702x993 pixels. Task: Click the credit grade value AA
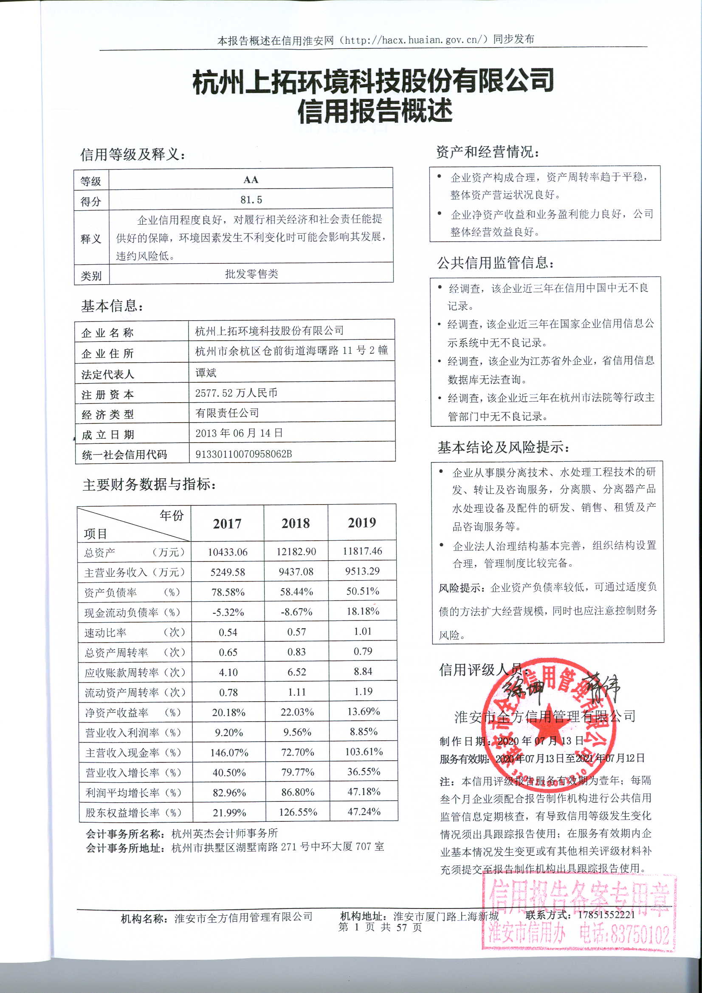(251, 180)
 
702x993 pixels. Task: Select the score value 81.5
(251, 200)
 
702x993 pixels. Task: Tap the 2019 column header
(361, 522)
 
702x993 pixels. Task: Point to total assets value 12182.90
(296, 552)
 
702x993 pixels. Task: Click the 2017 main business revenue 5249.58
(228, 572)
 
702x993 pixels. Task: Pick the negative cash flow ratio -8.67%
(296, 612)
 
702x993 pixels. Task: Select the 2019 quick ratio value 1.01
(362, 632)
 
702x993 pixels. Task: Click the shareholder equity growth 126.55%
(298, 812)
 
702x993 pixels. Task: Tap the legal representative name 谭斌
(206, 373)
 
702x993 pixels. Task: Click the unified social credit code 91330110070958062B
(243, 454)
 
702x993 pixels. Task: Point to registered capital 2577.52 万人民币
(236, 393)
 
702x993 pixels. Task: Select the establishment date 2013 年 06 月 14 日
(239, 433)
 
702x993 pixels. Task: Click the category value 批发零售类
(251, 274)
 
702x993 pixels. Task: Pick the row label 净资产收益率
(116, 713)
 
